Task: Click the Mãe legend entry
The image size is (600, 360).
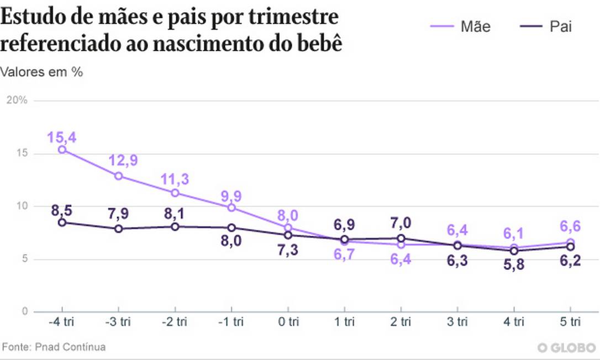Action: [x=460, y=27]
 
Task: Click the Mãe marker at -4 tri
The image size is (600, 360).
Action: [x=62, y=150]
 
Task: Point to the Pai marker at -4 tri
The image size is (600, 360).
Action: [x=62, y=223]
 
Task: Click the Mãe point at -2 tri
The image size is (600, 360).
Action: [x=175, y=193]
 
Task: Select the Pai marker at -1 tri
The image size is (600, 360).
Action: [x=231, y=227]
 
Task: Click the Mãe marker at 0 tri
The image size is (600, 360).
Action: [x=288, y=227]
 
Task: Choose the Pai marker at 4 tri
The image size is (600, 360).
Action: [x=514, y=251]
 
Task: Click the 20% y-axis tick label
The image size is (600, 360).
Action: [x=17, y=100]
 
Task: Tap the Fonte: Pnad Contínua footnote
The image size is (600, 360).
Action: [x=54, y=347]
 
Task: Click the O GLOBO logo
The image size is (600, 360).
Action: [x=566, y=348]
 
